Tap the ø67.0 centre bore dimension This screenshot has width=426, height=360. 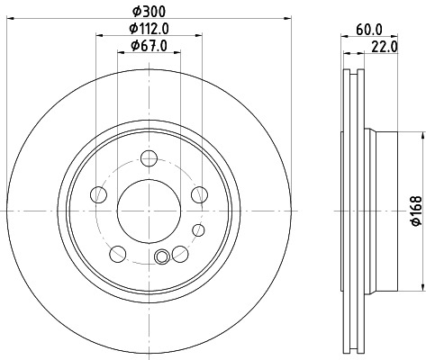tap(149, 46)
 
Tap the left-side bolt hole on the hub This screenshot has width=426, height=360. tap(100, 193)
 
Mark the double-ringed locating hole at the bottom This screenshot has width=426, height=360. tap(162, 257)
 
